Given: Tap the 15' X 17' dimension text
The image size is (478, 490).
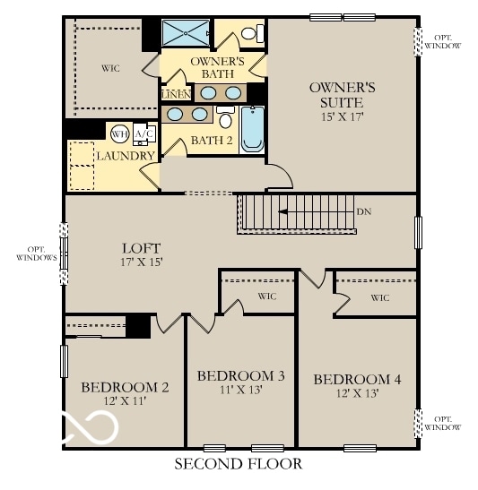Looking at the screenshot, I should pos(342,116).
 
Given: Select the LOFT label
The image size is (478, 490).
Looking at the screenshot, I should pos(141,248).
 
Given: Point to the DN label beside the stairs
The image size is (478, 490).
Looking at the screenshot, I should pos(363,212).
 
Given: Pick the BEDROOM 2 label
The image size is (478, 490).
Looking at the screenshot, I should pos(125,387).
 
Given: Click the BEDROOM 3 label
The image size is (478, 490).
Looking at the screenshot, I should pos(240,375).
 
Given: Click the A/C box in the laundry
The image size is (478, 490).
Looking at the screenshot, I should pos(143,134).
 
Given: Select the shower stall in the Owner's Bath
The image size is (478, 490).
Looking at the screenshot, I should pos(186,33).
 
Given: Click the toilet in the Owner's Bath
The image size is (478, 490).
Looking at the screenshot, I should pos(254,33).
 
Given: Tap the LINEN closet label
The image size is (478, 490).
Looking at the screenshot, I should pos(175,94).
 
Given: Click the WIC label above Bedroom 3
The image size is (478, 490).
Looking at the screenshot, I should pos(266,295).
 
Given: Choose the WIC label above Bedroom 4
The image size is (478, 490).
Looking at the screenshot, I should pos(379,297).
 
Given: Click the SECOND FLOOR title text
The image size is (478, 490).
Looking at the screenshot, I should pos(238,464).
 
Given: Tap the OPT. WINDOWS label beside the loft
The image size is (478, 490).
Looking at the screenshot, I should pos(36,253).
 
